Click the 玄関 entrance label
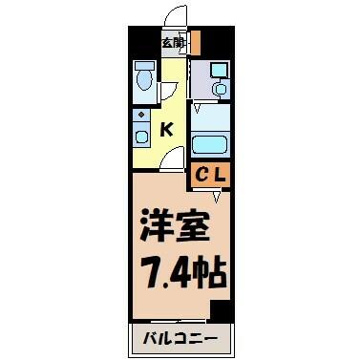[174, 43]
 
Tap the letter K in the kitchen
[166, 130]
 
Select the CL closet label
[211, 175]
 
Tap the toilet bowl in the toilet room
[145, 80]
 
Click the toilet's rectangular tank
[145, 66]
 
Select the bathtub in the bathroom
[210, 145]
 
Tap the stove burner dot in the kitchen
[141, 114]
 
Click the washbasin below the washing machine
[221, 88]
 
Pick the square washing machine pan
[220, 70]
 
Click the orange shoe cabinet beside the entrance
[197, 42]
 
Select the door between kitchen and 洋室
[172, 159]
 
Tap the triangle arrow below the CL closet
[217, 197]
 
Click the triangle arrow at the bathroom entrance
[198, 108]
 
